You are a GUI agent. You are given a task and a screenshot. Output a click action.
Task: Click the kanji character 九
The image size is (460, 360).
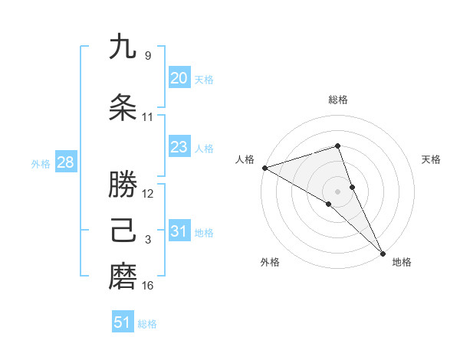123,47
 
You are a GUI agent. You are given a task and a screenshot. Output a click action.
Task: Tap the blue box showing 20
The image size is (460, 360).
179,78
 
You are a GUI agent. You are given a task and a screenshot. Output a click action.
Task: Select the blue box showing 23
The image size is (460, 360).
179,147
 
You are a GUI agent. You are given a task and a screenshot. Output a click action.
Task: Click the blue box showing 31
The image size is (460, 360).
179,231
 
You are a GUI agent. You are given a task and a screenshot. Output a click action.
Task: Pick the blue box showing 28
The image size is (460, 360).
64,162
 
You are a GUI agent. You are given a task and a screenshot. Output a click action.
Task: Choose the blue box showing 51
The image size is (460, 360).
123,322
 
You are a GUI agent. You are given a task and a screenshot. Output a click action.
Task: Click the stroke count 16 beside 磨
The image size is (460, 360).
148,286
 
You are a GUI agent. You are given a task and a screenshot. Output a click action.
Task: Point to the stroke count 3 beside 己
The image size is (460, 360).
148,240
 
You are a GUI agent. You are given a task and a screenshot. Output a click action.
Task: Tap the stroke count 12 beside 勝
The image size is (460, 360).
148,194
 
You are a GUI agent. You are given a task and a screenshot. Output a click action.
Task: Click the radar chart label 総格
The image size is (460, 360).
337,100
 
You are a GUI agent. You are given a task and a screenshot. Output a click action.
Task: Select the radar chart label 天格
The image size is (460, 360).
432,159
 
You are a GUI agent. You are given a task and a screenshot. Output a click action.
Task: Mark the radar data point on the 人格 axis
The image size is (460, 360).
264,167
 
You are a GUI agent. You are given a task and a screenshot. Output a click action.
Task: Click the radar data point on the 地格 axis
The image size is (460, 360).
383,252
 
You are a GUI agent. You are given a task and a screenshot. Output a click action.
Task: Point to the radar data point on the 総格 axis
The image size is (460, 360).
337,146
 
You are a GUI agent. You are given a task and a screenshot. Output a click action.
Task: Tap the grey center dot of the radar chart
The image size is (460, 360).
337,191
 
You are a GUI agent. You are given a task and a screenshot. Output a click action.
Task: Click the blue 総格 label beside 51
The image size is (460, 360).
147,324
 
